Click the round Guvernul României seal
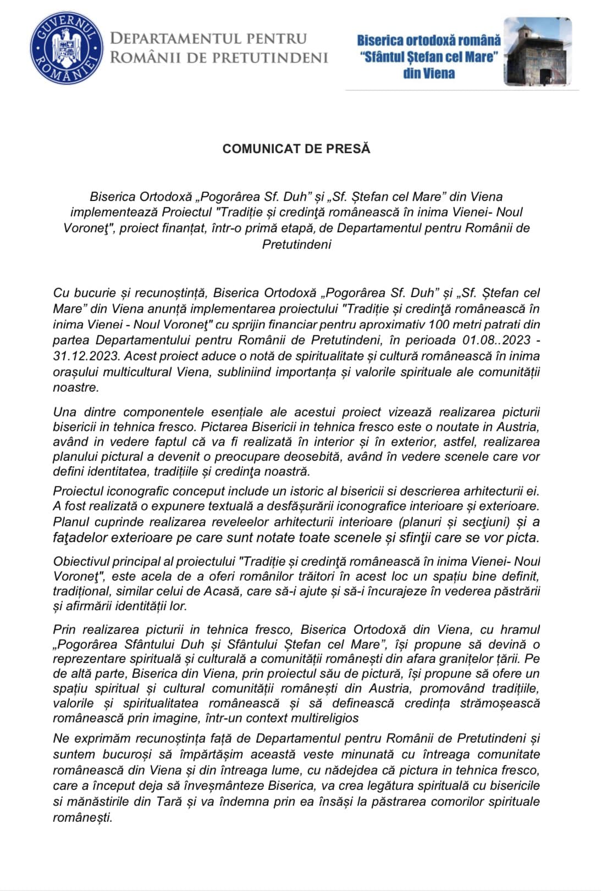pyautogui.click(x=66, y=48)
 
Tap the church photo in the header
pyautogui.click(x=537, y=52)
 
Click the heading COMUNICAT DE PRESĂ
pyautogui.click(x=296, y=149)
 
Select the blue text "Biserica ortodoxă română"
pyautogui.click(x=429, y=40)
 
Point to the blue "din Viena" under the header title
pyautogui.click(x=429, y=74)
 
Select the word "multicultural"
pyautogui.click(x=135, y=372)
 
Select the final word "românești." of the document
pyautogui.click(x=82, y=817)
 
